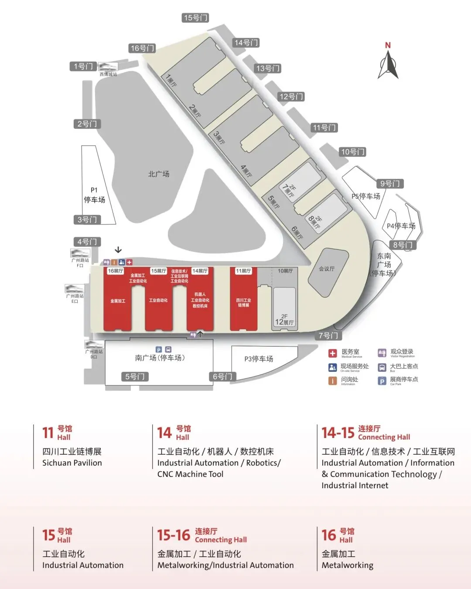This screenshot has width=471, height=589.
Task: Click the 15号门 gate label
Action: [195, 18]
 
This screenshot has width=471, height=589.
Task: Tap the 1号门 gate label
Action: [83, 66]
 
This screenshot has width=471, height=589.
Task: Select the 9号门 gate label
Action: [389, 184]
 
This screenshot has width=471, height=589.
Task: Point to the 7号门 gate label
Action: [328, 336]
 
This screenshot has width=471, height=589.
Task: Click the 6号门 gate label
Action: [222, 377]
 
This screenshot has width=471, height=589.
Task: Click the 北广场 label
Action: [159, 174]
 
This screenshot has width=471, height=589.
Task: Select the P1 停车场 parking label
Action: [94, 195]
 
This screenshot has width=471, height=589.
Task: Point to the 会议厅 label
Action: [327, 269]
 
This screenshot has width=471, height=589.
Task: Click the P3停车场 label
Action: [259, 359]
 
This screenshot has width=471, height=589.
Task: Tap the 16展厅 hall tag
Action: [116, 271]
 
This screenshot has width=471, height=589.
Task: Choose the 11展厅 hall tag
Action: [243, 271]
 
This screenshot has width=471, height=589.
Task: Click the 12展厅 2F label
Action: [284, 320]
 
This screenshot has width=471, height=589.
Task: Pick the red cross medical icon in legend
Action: [333, 353]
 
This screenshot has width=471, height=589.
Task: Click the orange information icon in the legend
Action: [333, 381]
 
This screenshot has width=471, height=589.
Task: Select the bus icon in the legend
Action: [382, 367]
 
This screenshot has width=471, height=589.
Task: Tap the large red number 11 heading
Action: [48, 433]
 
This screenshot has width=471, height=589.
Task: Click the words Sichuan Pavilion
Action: [72, 463]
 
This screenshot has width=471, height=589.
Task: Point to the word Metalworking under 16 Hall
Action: [348, 565]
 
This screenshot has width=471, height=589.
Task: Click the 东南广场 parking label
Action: [384, 264]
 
